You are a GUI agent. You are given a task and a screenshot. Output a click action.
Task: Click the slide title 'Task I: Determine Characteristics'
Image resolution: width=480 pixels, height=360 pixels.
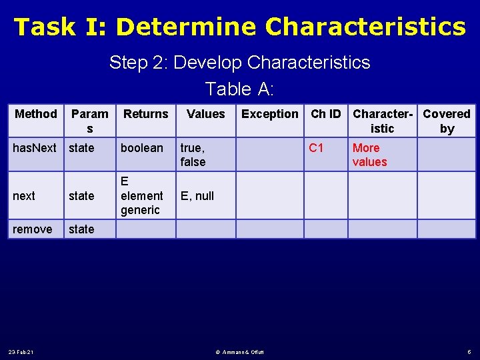tap(240, 27)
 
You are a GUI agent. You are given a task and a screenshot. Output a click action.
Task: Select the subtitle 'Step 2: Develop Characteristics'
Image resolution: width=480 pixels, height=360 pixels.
tap(240, 63)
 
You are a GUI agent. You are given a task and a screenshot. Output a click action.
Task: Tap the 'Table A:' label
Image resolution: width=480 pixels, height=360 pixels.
tap(240, 89)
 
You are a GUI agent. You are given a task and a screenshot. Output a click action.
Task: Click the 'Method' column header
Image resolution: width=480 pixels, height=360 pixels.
tap(36, 114)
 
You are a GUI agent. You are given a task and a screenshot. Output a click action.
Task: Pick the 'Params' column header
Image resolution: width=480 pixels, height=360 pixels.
tap(89, 121)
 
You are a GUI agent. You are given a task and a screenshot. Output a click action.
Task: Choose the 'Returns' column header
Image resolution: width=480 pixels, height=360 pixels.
tap(146, 114)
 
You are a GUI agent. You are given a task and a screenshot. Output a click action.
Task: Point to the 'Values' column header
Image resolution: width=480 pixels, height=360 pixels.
tap(206, 114)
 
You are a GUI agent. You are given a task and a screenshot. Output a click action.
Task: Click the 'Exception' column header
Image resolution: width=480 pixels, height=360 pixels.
tap(270, 114)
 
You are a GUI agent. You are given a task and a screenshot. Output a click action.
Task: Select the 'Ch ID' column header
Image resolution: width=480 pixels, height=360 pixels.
tap(326, 114)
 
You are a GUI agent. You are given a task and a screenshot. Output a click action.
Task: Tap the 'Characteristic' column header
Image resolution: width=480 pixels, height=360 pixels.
tap(383, 121)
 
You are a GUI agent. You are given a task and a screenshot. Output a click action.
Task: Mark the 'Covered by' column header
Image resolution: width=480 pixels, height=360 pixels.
tap(447, 121)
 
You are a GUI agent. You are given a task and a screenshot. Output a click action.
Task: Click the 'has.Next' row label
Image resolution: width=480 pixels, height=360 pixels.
tap(35, 148)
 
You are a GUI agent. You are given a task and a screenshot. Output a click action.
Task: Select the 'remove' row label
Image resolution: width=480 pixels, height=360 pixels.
tap(33, 229)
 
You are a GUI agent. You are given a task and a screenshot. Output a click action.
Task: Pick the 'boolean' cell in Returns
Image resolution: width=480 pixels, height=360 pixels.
tap(141, 148)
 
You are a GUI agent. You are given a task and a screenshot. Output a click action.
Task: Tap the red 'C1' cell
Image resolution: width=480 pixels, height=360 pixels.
tap(316, 148)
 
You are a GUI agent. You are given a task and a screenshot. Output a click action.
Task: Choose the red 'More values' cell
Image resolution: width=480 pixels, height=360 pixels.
tap(369, 155)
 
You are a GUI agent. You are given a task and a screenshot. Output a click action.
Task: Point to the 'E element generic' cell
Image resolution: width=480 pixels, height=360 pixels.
tap(141, 195)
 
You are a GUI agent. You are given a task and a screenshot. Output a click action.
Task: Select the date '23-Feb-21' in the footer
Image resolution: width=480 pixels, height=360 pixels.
tap(21, 351)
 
